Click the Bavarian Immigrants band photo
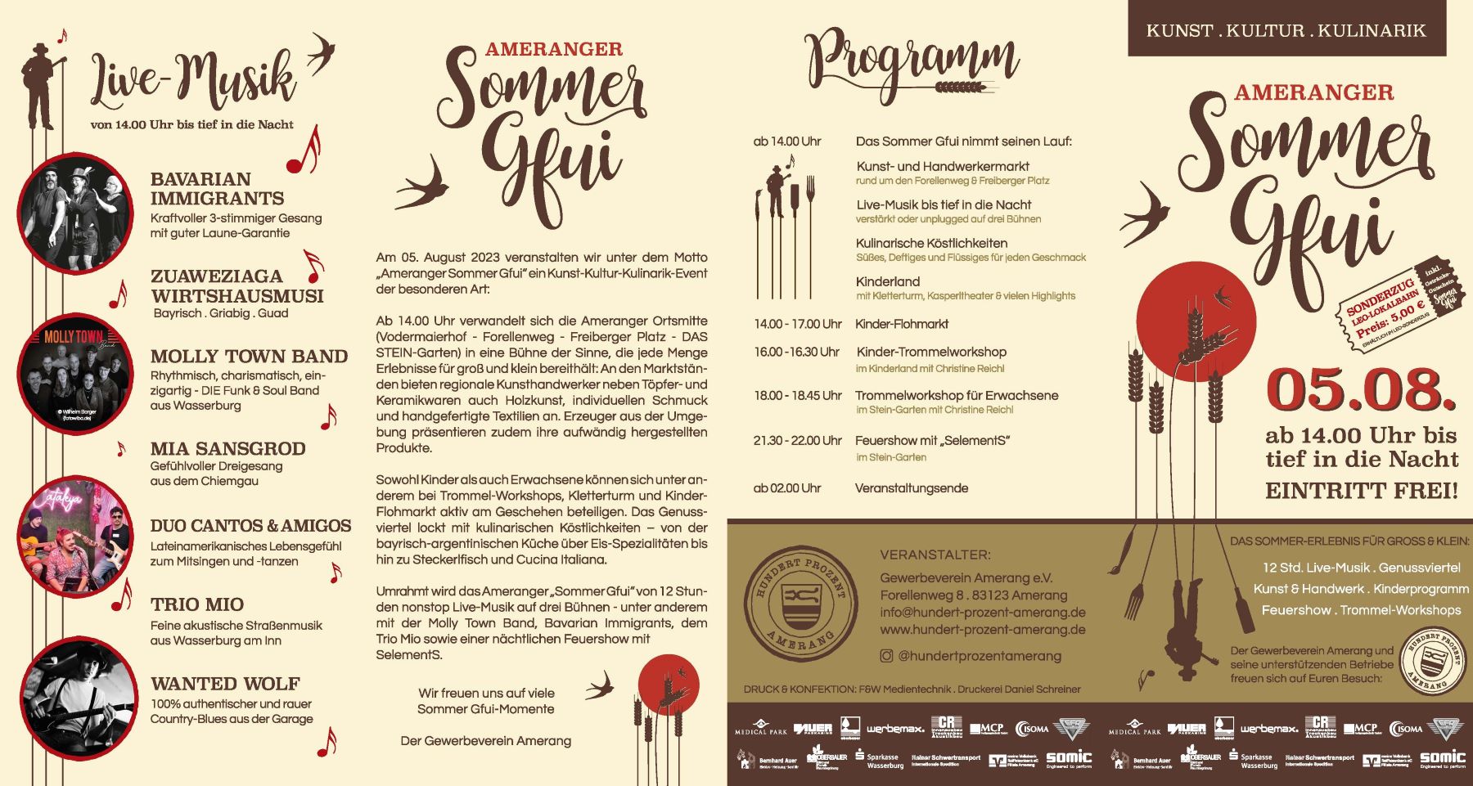pos(75,212)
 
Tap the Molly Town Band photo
pos(75,374)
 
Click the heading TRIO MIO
pos(197,604)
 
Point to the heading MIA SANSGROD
pos(227,448)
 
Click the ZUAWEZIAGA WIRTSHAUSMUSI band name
pos(236,286)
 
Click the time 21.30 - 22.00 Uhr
pos(797,441)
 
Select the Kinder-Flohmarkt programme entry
pos(902,324)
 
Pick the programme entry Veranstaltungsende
pos(912,488)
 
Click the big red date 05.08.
pos(1361,389)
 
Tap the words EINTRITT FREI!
pos(1362,491)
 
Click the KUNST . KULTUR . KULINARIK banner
pos(1286,31)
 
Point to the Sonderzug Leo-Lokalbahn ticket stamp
pos(1403,308)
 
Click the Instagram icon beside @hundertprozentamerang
pos(886,655)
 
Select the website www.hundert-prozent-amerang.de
pos(983,630)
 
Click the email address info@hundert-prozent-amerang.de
pos(983,613)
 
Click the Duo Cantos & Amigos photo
pos(75,537)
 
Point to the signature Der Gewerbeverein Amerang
pos(485,741)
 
